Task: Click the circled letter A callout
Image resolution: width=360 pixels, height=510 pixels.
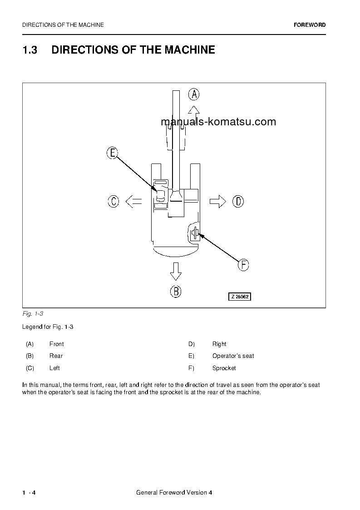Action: (194, 94)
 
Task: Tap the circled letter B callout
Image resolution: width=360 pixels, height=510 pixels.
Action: (176, 291)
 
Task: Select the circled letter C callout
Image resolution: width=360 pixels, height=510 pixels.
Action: (113, 201)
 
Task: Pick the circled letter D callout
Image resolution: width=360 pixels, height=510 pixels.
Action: (238, 201)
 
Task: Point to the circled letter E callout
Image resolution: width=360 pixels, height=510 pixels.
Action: (113, 153)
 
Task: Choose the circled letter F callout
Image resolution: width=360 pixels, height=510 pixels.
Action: (243, 265)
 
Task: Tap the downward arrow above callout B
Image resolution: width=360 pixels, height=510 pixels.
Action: (176, 272)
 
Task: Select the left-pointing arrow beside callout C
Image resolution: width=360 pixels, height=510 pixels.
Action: (133, 201)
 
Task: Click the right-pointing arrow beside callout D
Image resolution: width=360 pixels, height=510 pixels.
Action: (218, 201)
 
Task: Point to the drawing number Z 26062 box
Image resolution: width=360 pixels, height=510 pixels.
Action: (239, 297)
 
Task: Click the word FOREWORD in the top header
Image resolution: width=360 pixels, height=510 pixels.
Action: (310, 25)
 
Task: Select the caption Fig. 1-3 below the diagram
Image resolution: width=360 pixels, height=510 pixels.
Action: (32, 314)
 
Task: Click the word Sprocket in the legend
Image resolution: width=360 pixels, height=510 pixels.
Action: (224, 368)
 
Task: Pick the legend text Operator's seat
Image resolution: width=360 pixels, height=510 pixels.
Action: (233, 356)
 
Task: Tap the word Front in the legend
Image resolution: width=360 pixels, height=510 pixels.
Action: (56, 344)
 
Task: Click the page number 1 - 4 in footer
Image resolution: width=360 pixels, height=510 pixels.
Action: (29, 493)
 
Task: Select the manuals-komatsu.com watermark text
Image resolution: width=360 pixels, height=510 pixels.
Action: (218, 122)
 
